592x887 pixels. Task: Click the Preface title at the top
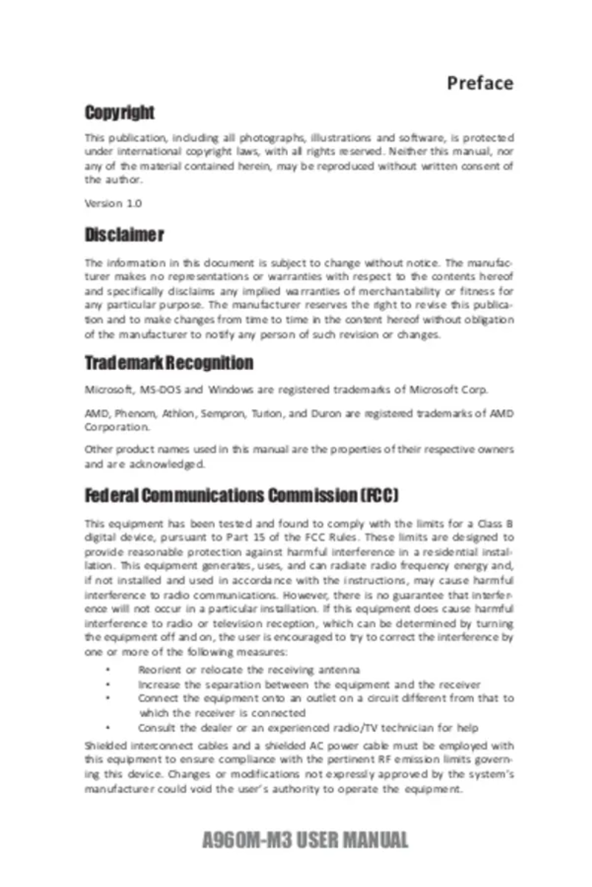point(480,83)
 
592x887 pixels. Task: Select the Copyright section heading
point(120,113)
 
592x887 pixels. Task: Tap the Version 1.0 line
point(113,203)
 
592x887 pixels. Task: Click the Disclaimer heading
point(124,236)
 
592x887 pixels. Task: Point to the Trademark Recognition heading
point(169,363)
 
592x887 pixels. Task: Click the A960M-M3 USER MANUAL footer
point(304,840)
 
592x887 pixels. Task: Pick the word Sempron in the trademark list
point(226,414)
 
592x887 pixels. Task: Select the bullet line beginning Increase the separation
point(309,684)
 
